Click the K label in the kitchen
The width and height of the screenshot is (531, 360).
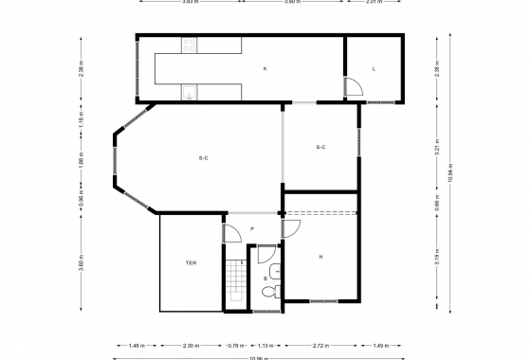265,69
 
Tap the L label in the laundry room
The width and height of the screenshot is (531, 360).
375,69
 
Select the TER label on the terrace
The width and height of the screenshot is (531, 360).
191,262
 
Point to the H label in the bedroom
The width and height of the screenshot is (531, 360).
321,257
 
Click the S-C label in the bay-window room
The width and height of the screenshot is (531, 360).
203,157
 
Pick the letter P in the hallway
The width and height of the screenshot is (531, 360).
251,230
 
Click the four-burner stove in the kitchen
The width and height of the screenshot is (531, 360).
190,44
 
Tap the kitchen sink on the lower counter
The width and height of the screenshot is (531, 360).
190,93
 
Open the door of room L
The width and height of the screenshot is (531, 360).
353,88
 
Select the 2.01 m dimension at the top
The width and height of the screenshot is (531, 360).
374,2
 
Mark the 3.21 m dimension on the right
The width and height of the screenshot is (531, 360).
437,148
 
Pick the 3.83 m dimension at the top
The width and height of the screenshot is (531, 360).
190,2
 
